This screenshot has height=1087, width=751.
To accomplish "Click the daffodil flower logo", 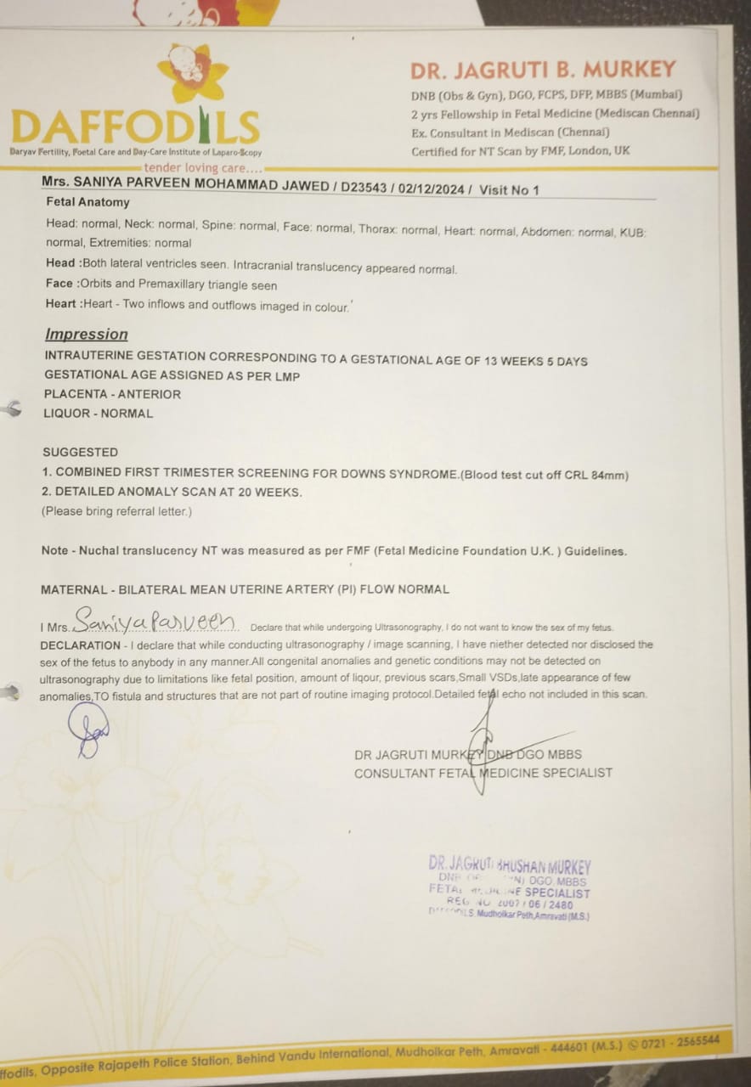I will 193,71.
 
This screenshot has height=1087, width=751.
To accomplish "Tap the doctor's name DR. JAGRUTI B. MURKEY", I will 543,70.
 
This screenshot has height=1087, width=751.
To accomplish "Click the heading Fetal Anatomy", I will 88,202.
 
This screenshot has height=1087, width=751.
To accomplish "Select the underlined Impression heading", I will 87,335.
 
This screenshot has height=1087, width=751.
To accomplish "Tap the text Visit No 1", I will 509,190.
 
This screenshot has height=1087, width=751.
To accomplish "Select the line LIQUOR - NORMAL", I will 98,414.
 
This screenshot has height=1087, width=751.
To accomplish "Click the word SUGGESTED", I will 81,452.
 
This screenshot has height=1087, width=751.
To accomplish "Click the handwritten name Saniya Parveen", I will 154,622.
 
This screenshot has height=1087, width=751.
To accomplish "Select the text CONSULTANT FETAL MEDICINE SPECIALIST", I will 483,773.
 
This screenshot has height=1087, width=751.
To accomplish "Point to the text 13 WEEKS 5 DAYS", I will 535,361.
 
